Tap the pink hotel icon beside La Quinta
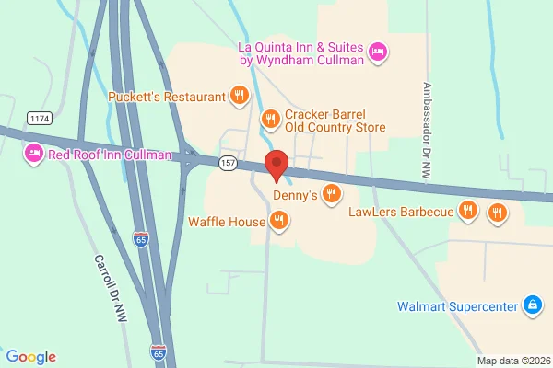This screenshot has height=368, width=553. point(377,53)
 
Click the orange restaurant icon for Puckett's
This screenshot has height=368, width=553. point(239,95)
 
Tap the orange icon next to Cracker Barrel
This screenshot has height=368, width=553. point(270,118)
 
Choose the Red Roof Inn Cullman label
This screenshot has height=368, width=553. point(110,154)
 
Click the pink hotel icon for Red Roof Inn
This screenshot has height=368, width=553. point(34,154)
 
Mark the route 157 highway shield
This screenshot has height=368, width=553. point(229,163)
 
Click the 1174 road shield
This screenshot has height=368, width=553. point(40,119)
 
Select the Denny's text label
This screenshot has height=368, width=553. point(295,195)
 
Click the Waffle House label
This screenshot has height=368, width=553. point(226,221)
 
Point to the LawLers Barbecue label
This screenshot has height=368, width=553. point(401,213)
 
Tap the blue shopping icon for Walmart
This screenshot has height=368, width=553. point(531,305)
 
